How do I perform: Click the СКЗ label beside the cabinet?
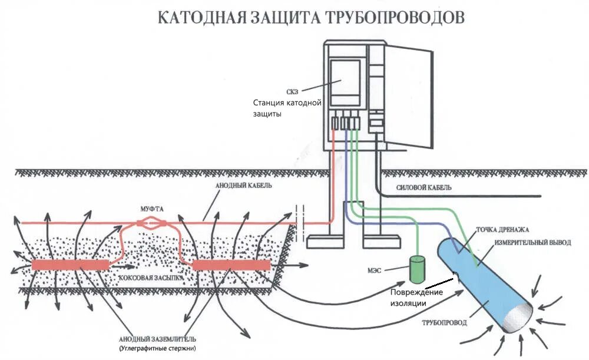294,91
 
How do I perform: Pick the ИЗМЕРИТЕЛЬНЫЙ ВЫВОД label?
532,242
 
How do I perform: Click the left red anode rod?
70,265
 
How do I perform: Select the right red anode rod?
231,265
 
